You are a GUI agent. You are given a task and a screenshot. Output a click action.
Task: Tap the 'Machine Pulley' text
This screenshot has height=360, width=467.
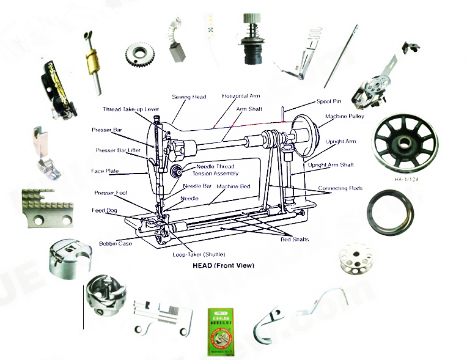[345, 116]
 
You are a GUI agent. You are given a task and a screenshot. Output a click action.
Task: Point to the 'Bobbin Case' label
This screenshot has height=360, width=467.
[116, 244]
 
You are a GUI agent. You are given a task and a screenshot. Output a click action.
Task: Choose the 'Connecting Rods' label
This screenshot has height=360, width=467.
[340, 188]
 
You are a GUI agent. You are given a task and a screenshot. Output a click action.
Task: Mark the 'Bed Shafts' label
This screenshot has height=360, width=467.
[295, 239]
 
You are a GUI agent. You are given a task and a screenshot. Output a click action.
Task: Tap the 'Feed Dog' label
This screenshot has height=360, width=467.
[105, 210]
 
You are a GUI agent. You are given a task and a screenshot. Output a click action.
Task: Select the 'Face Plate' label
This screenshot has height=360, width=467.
[105, 171]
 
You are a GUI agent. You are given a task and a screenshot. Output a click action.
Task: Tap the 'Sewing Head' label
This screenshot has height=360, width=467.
[189, 97]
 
